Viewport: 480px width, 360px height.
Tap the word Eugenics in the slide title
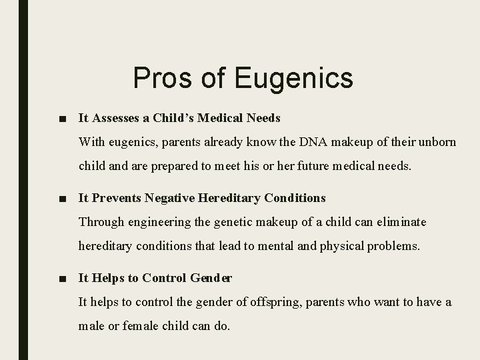293,79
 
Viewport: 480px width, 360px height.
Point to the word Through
101,221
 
